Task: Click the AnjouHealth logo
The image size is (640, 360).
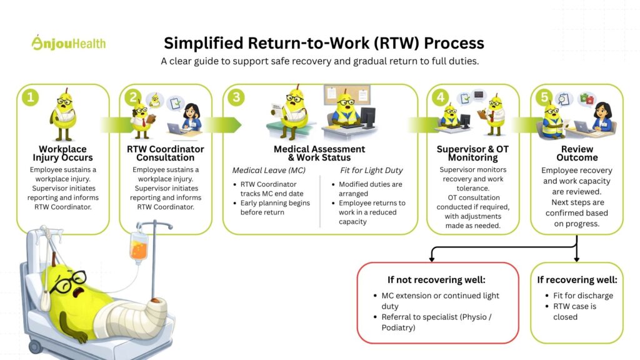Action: click(69, 42)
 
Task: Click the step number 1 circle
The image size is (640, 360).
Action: click(29, 97)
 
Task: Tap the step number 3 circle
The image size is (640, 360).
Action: click(236, 97)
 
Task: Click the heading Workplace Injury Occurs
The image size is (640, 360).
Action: click(62, 153)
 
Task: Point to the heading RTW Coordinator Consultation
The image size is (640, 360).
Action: click(166, 153)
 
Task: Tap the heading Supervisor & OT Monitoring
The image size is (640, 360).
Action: click(473, 153)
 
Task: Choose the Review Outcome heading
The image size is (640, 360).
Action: click(577, 153)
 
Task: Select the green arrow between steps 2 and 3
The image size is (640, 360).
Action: click(222, 124)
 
